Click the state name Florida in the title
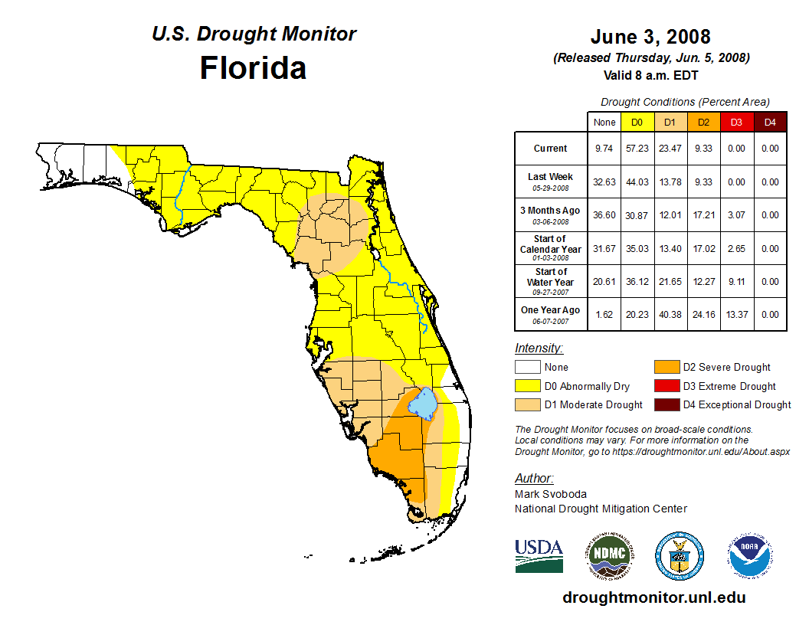pyautogui.click(x=253, y=68)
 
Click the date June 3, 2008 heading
pyautogui.click(x=650, y=37)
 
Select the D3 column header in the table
pyautogui.click(x=736, y=122)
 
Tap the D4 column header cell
pyautogui.click(x=770, y=122)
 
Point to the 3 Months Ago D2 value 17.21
pyautogui.click(x=703, y=215)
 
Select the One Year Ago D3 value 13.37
pyautogui.click(x=736, y=314)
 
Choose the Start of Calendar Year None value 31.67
pyautogui.click(x=604, y=248)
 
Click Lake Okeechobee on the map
pyautogui.click(x=423, y=404)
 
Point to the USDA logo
pyautogui.click(x=539, y=555)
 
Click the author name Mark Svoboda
pyautogui.click(x=550, y=494)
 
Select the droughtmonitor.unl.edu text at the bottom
pyautogui.click(x=653, y=597)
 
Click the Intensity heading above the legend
pyautogui.click(x=539, y=348)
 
